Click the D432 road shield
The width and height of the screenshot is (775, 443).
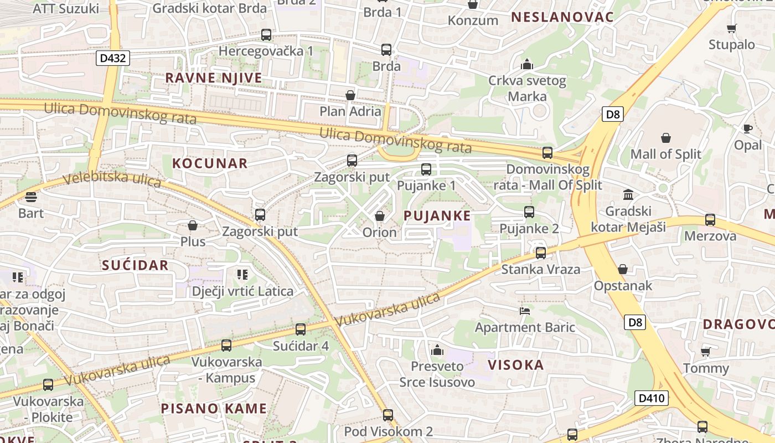[x=112, y=58]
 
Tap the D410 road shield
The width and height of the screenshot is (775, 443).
[x=652, y=398]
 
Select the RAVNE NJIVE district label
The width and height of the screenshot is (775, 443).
[x=214, y=78]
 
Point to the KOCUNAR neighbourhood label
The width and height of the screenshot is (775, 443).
[x=210, y=163]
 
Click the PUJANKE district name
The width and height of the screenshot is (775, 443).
[x=437, y=216]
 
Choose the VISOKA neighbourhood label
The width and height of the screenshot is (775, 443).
[x=516, y=365]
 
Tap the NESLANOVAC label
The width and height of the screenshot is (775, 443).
[x=562, y=17]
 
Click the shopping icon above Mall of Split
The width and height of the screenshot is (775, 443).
[x=666, y=138]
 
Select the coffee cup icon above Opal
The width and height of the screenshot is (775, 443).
[x=748, y=129]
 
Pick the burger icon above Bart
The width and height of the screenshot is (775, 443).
[x=30, y=197]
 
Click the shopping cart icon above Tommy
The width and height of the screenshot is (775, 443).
[x=706, y=352]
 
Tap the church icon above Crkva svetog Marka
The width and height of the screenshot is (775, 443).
[x=527, y=65]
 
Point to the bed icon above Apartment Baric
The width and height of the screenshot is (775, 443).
[x=525, y=311]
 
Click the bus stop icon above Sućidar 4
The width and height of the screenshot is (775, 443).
[x=301, y=329]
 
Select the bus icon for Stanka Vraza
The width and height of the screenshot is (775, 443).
[x=541, y=253]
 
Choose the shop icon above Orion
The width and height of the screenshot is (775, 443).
[x=380, y=216]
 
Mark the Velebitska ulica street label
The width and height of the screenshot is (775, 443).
[x=112, y=179]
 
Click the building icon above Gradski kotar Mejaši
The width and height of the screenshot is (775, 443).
[x=628, y=195]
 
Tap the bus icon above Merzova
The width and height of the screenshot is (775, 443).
[x=710, y=220]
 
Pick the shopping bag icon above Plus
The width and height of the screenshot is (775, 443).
[x=193, y=225]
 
